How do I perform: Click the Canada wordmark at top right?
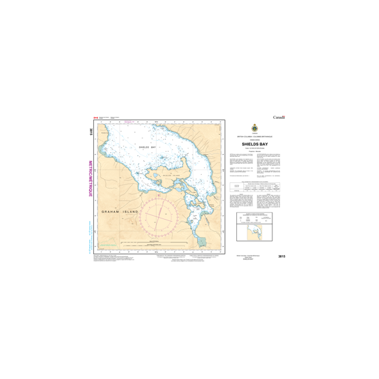coord(279,118)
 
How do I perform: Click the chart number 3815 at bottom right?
coord(281,257)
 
